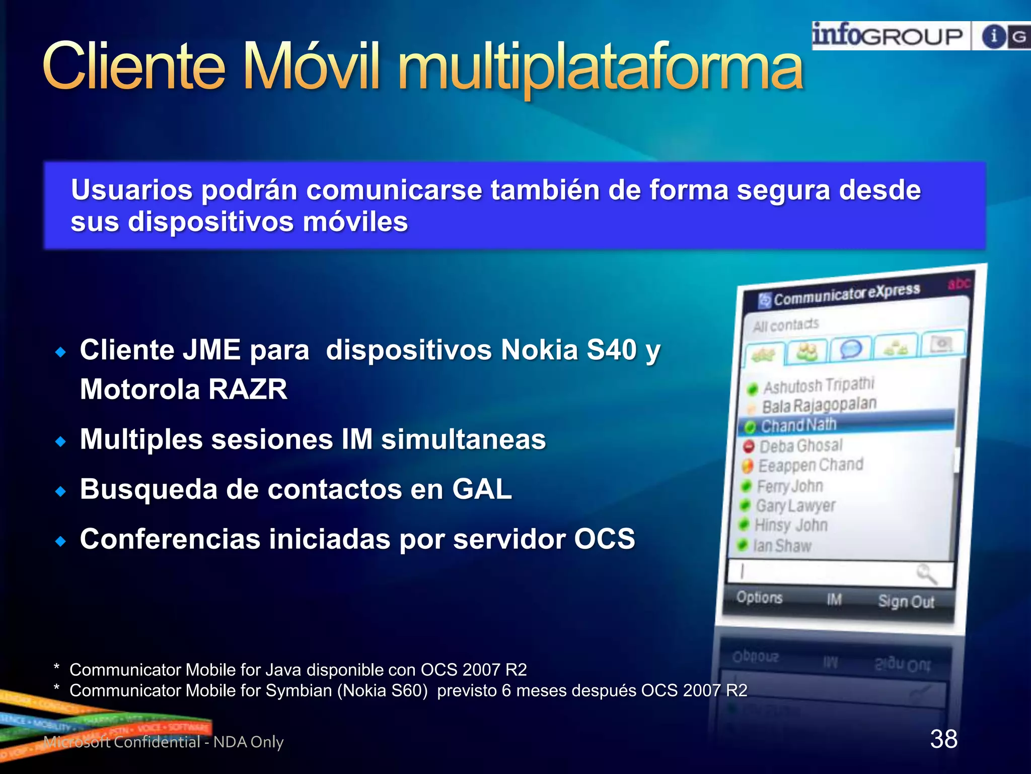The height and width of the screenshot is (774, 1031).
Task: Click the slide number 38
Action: coord(943,739)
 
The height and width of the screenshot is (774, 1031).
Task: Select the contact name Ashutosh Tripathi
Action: coord(819,385)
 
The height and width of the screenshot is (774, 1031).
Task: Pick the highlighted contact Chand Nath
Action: coord(798,425)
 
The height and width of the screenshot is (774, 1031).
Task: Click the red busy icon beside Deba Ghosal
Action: coord(749,446)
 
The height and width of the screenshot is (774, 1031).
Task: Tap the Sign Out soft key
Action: coord(906,601)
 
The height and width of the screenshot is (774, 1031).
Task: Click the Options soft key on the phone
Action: coord(759,598)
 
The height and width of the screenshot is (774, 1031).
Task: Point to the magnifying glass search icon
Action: coord(926,574)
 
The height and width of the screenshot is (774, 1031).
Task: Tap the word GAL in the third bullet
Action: coord(482,489)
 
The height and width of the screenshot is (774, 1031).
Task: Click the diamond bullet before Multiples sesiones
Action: coord(61,442)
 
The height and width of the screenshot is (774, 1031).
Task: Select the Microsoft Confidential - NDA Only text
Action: coord(164,742)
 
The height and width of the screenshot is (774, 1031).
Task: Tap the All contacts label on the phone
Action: coord(786,325)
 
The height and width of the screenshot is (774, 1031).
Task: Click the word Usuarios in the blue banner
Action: coord(132,190)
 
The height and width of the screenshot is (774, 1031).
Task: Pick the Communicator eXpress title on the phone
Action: coord(846,294)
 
